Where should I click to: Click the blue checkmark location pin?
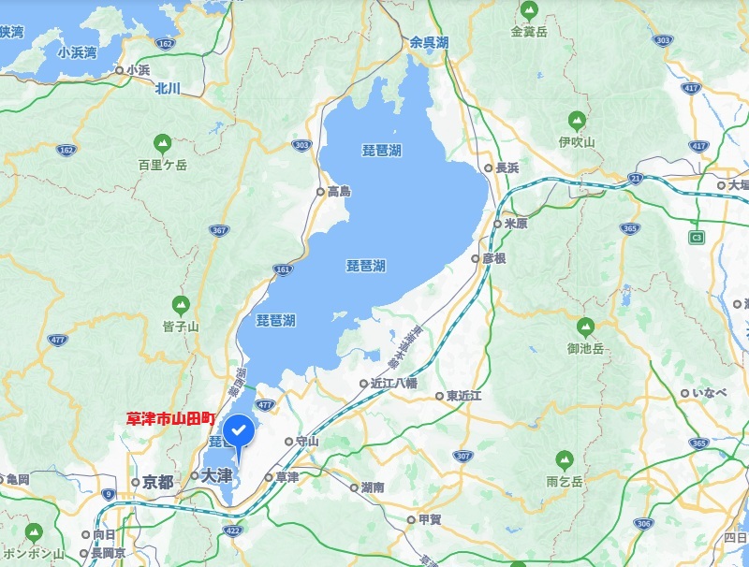coord(239,432)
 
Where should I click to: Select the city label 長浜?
coord(507,168)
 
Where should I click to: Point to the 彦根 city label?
coord(493,257)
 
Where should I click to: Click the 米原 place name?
coord(516,224)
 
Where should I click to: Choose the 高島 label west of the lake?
coord(339,191)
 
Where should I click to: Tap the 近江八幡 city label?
coord(393,383)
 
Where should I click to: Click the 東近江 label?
coord(463,396)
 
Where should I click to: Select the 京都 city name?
coord(158,482)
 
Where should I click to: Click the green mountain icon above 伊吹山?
coord(577,122)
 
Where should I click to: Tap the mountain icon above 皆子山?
coord(180,305)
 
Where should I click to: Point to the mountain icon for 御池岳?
coord(586,327)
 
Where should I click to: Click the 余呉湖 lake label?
coord(429,42)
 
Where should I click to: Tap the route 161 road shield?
coord(283,269)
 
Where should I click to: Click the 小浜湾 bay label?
coord(77,52)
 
